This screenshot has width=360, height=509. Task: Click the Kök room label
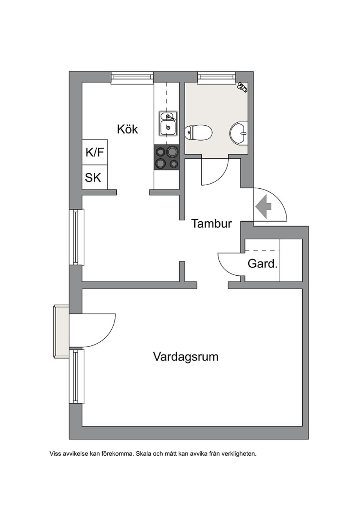(x=127, y=129)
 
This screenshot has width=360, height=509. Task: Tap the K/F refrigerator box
(x=95, y=152)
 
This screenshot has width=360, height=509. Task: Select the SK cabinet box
(x=93, y=177)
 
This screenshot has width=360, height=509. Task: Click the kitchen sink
(x=168, y=123)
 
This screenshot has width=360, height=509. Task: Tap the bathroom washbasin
(x=238, y=134)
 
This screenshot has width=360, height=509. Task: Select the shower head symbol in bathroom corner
(x=242, y=87)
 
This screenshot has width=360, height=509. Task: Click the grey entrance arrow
(x=264, y=206)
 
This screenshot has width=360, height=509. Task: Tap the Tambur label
(x=211, y=224)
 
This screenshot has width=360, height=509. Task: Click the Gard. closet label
(x=262, y=264)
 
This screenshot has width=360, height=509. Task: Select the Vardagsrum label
(x=186, y=356)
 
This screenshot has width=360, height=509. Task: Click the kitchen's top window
(x=132, y=77)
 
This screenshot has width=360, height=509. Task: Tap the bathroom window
(x=217, y=77)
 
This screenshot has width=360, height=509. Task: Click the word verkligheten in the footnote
(x=239, y=453)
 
